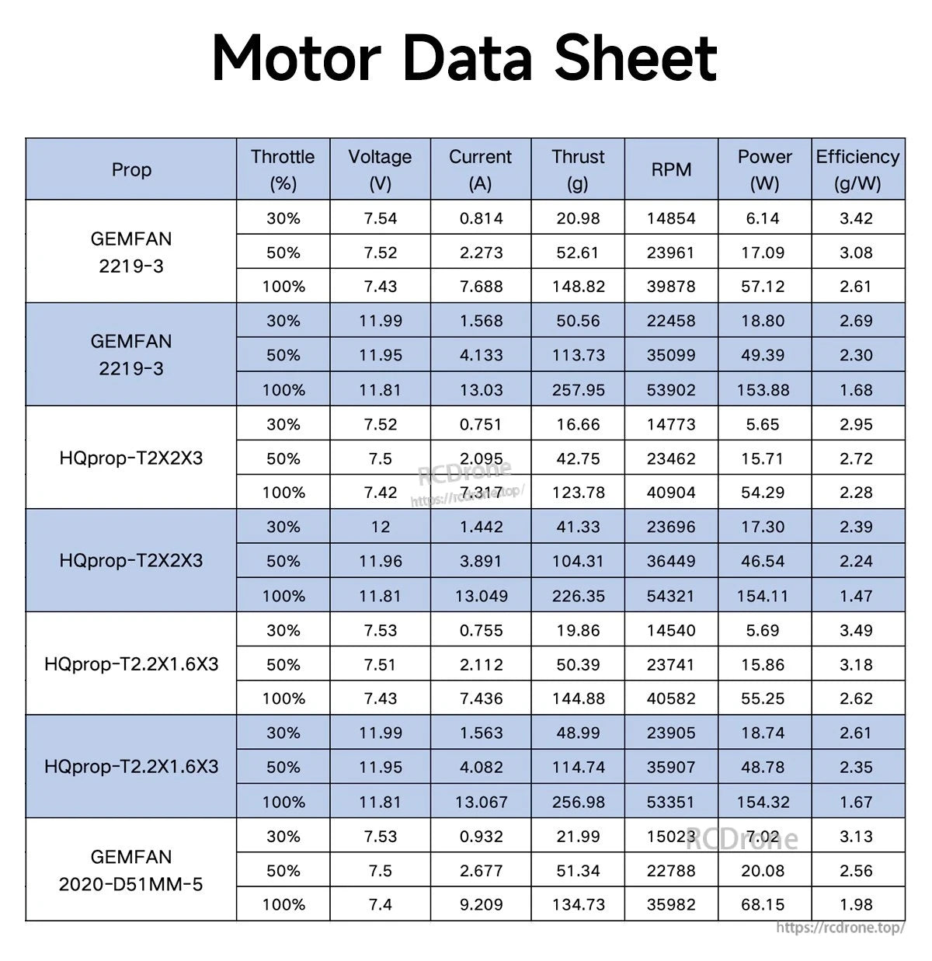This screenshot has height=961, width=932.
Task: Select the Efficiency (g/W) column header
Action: click(x=857, y=169)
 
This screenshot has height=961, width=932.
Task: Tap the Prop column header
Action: click(x=131, y=169)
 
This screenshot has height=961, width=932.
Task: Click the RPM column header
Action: click(x=671, y=169)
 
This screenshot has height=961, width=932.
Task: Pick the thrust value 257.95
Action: click(x=578, y=390)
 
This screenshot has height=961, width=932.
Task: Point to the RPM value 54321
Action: click(x=671, y=596)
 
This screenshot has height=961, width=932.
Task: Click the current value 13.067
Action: click(x=481, y=802)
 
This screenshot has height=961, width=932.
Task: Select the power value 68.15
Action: click(x=763, y=904)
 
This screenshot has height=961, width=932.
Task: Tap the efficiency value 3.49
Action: click(x=856, y=630)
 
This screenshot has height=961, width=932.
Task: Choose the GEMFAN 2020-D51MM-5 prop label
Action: click(x=131, y=870)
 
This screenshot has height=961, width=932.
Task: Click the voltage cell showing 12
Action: click(x=380, y=527)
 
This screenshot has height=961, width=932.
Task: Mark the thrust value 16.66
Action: click(x=578, y=424)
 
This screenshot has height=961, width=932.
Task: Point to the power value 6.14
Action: click(x=763, y=218)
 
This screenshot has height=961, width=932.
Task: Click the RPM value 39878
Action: click(x=671, y=287)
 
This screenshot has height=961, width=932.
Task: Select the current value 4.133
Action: click(x=481, y=355)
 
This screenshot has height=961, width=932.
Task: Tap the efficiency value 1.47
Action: click(x=856, y=596)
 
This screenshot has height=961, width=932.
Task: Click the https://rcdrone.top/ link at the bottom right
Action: click(x=840, y=928)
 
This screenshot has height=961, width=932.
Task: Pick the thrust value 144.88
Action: click(x=578, y=698)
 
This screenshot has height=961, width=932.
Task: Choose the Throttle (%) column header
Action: click(x=283, y=169)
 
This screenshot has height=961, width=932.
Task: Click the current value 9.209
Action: click(x=481, y=904)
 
